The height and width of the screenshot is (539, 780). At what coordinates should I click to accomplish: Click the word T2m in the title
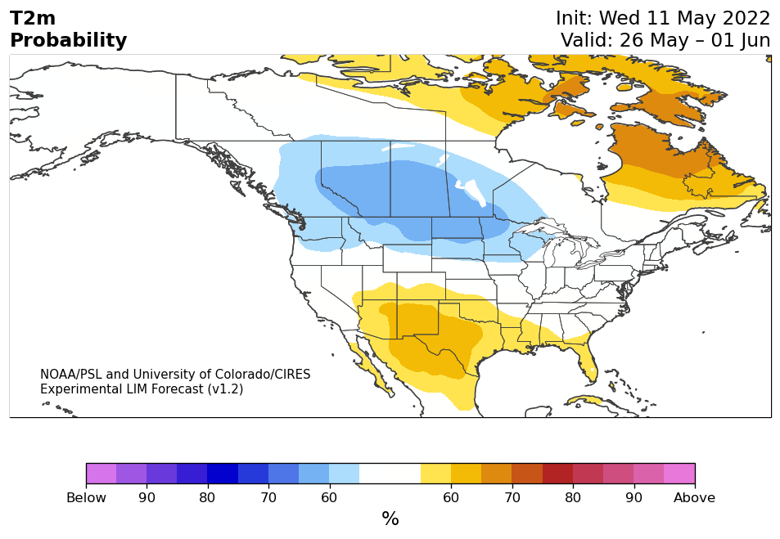(33, 18)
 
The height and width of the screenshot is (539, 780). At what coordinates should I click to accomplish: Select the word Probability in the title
(68, 40)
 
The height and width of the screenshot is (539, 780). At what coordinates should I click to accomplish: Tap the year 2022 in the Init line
(746, 18)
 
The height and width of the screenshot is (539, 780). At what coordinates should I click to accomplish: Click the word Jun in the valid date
(754, 40)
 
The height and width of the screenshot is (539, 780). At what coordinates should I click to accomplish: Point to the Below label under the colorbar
(86, 498)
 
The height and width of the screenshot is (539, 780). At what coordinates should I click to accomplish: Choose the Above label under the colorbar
(694, 498)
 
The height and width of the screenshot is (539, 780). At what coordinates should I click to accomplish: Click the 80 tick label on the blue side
(207, 498)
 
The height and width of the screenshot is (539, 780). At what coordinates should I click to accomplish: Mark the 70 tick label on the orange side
(512, 498)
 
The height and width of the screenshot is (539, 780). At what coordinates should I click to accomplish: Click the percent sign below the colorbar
(390, 519)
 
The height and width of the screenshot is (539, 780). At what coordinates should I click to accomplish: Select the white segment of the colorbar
(390, 474)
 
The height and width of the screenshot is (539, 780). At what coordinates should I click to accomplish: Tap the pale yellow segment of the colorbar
(435, 474)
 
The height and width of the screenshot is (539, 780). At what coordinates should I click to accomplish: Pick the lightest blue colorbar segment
(345, 474)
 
